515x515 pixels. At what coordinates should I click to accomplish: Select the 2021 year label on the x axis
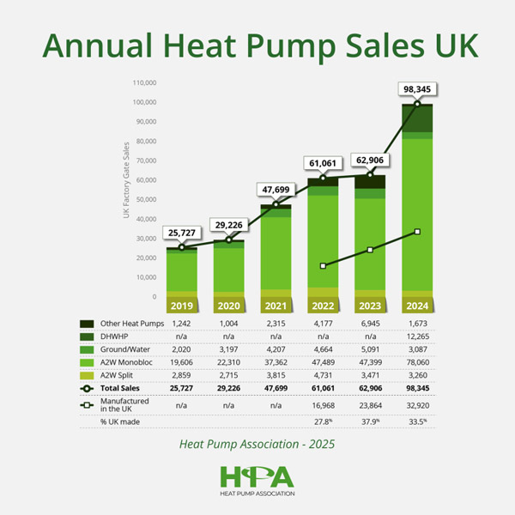[276, 305]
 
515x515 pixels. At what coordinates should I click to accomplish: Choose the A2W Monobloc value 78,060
[418, 364]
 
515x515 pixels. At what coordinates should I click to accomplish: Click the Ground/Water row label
[124, 350]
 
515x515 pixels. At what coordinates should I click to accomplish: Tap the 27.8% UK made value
[324, 421]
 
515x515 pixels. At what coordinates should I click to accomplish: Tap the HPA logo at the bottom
[257, 479]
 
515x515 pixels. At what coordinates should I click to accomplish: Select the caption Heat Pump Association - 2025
[257, 445]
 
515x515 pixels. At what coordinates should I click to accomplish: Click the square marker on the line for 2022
[324, 266]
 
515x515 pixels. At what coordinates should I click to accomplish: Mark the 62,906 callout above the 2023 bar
[370, 159]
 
